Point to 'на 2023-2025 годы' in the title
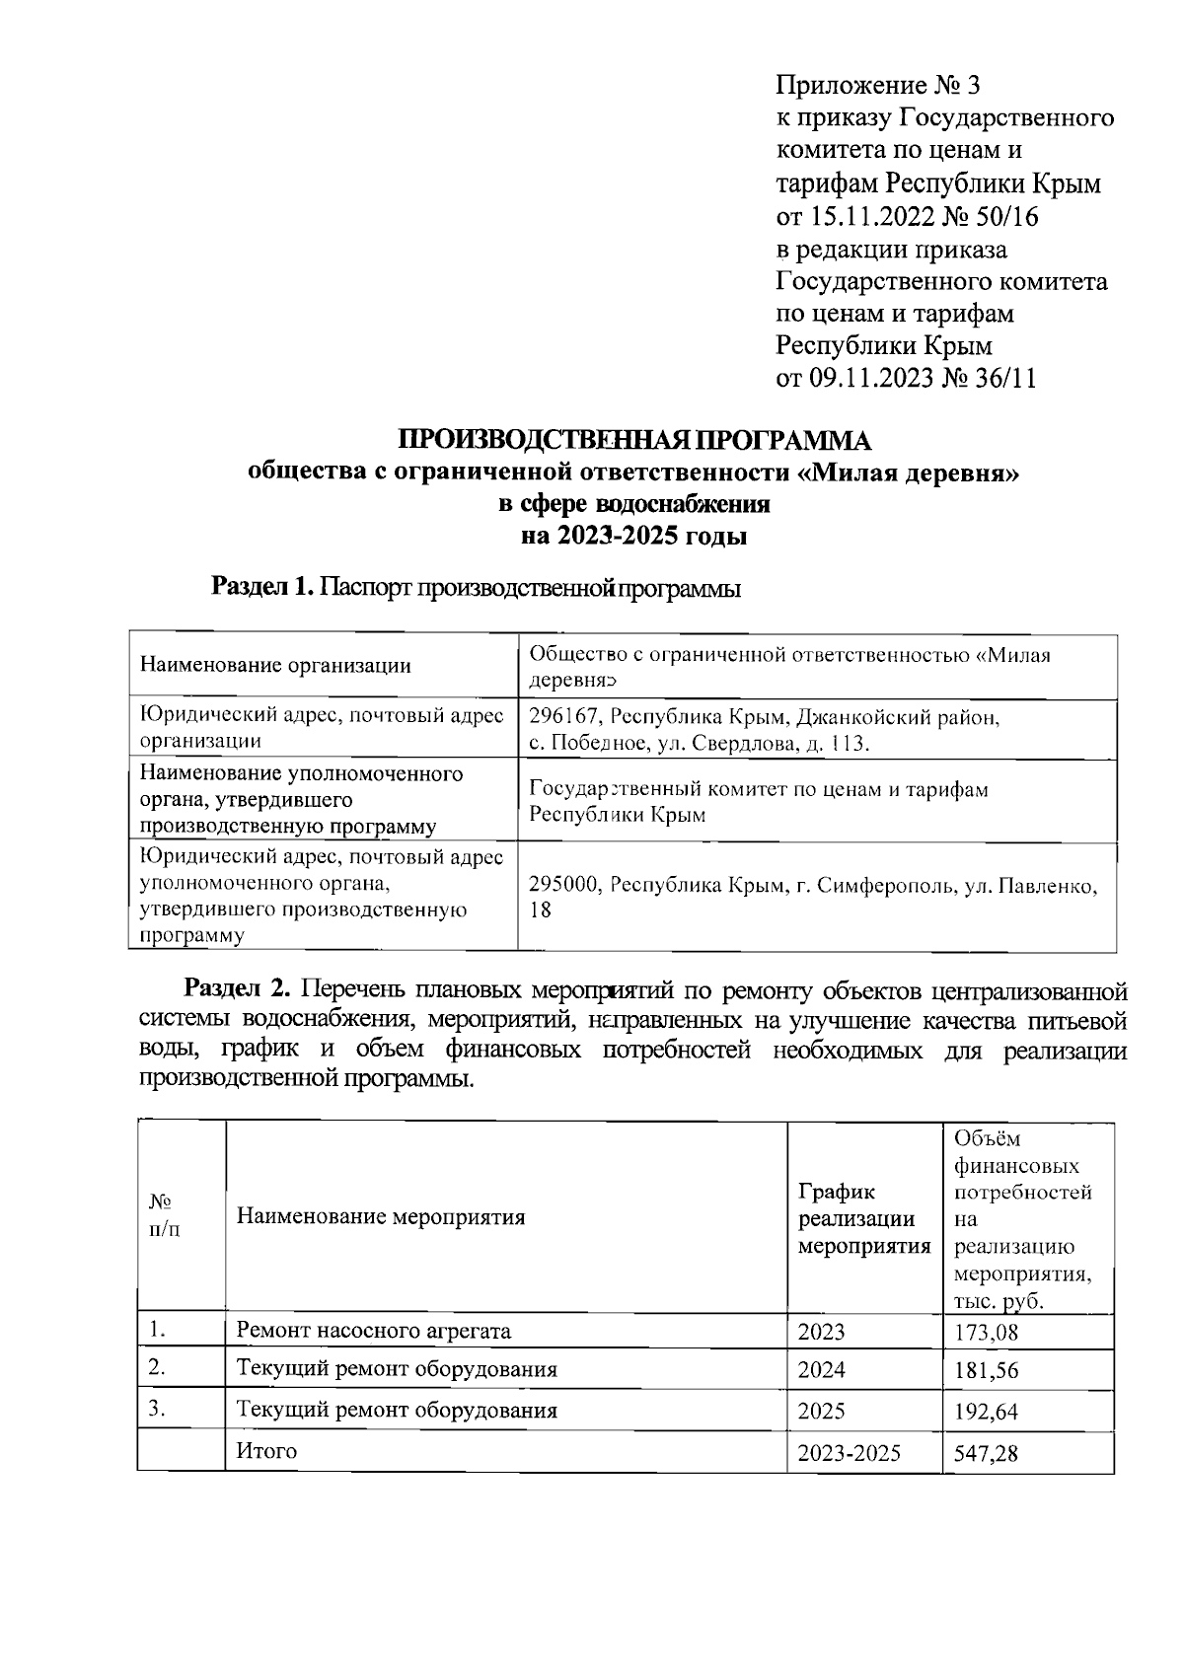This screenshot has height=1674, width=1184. pyautogui.click(x=633, y=538)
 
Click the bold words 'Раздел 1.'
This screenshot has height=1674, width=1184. pyautogui.click(x=262, y=589)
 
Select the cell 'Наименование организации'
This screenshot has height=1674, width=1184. pyautogui.click(x=275, y=666)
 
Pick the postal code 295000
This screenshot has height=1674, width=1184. pyautogui.click(x=564, y=885)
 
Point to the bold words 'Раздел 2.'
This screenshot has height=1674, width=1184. pyautogui.click(x=239, y=988)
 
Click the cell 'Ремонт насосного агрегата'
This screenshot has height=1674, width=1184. pyautogui.click(x=374, y=1332)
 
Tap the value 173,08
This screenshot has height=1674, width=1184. pyautogui.click(x=986, y=1334)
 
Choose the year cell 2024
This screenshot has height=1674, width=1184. pyautogui.click(x=822, y=1370)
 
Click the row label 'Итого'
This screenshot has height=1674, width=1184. pyautogui.click(x=266, y=1451)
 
